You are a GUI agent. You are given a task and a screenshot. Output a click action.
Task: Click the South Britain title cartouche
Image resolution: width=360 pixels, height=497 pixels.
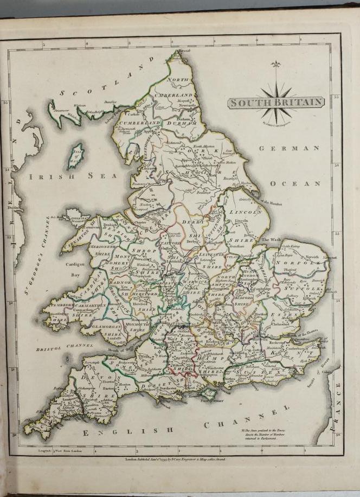(276, 103)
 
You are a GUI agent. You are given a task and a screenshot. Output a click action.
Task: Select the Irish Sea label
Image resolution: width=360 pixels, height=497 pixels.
(73, 176)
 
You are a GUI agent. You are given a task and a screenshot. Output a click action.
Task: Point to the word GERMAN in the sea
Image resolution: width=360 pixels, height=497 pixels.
(289, 148)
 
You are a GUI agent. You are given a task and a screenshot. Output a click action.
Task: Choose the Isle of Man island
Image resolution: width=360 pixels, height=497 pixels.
(75, 156)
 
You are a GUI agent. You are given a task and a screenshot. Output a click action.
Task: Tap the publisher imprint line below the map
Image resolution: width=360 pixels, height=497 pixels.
(175, 458)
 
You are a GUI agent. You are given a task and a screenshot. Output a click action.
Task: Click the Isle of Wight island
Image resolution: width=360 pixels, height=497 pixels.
(208, 392)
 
